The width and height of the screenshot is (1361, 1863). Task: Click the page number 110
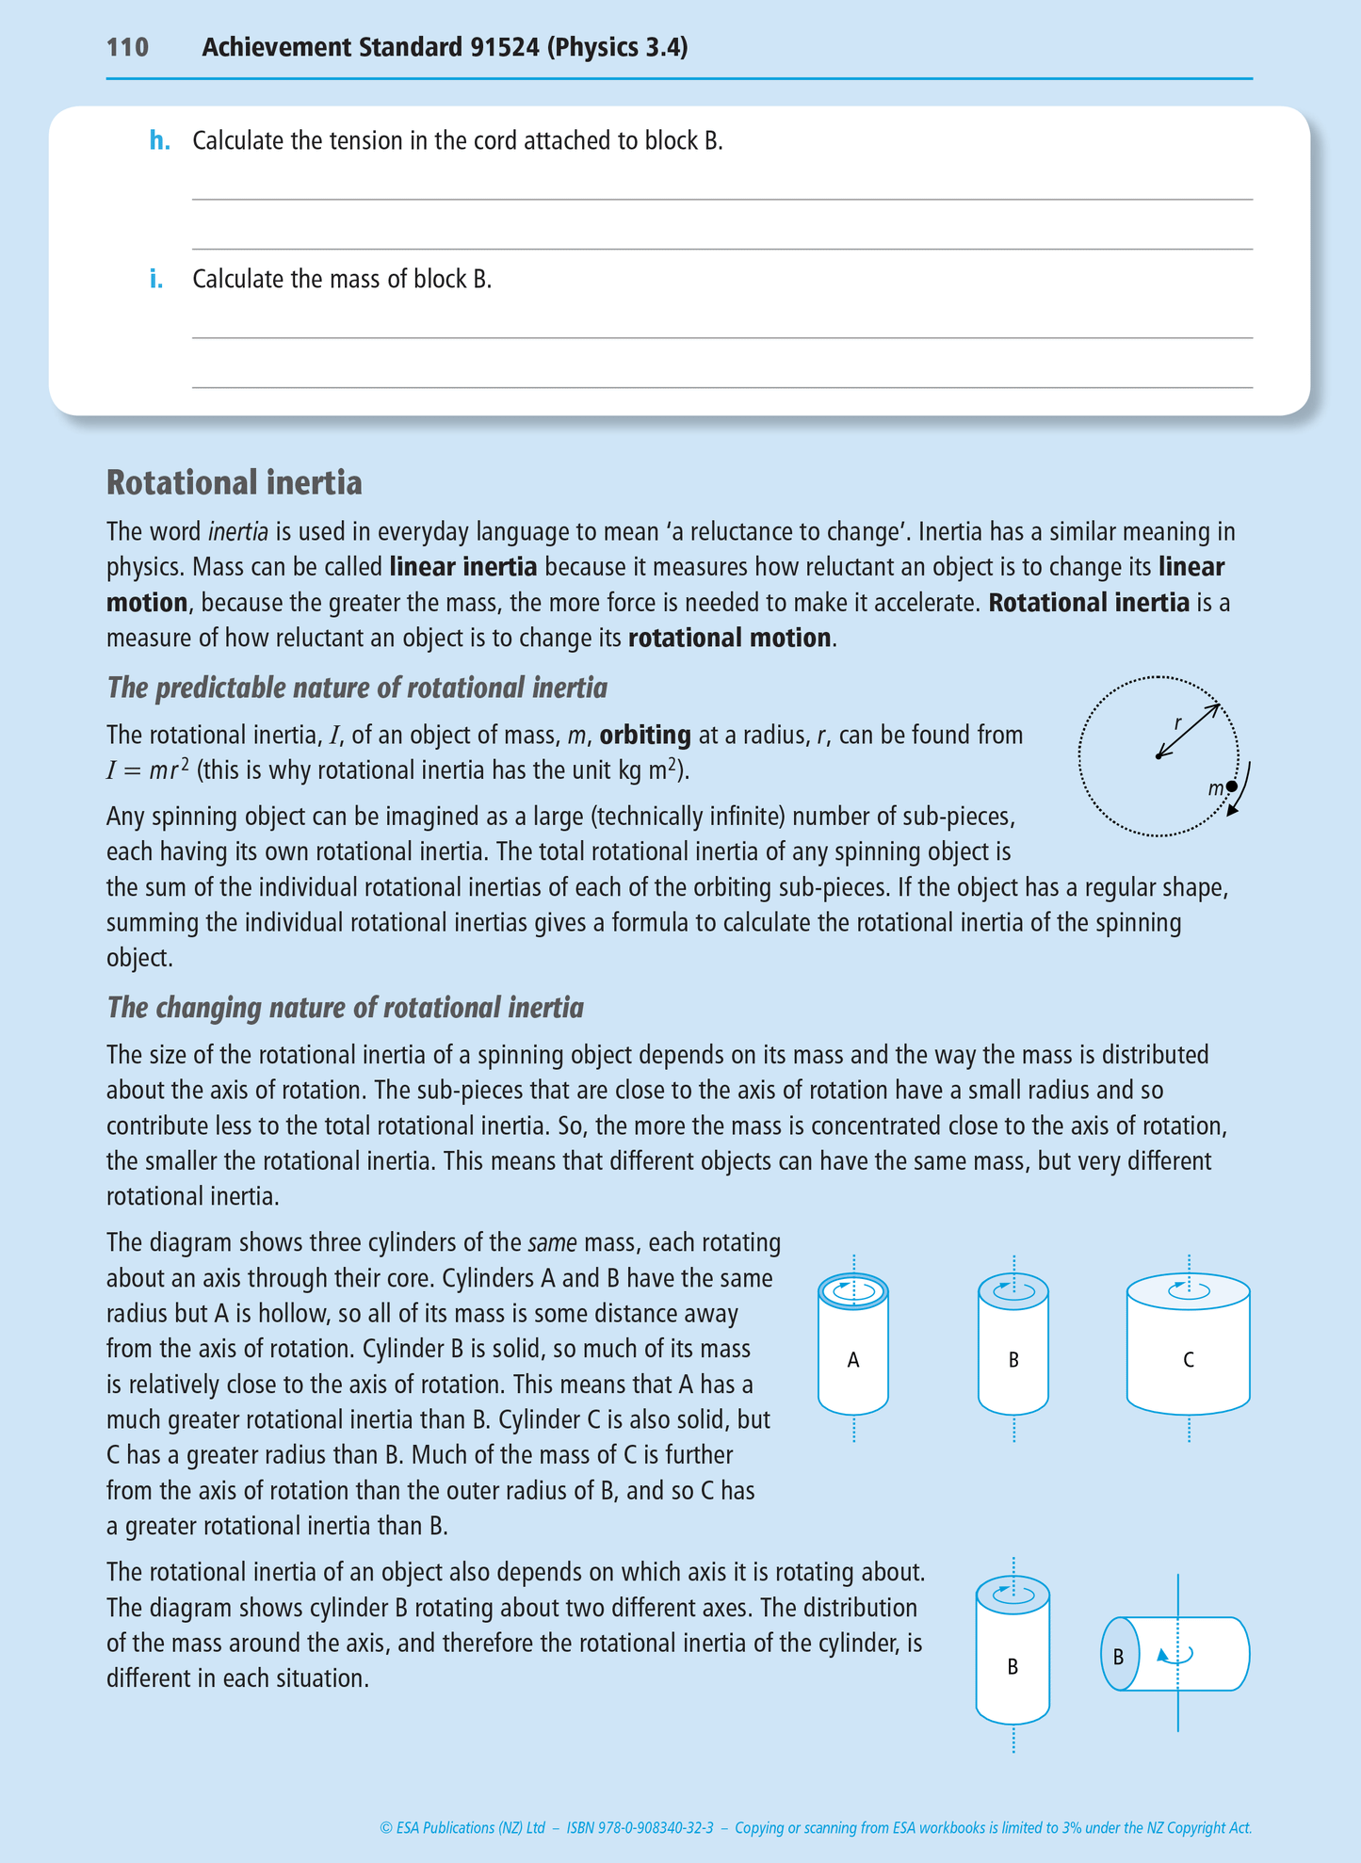pyautogui.click(x=127, y=47)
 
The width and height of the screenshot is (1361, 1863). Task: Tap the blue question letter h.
pyautogui.click(x=159, y=141)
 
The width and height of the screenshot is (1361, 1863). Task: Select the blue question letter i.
pyautogui.click(x=156, y=279)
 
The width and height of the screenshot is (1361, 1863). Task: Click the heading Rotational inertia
pyautogui.click(x=234, y=482)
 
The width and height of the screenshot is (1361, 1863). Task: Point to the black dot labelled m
pyautogui.click(x=1231, y=786)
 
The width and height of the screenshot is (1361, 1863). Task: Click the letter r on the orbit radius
pyautogui.click(x=1177, y=723)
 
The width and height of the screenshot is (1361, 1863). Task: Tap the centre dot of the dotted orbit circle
pyautogui.click(x=1158, y=756)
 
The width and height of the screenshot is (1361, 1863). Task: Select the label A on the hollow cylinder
pyautogui.click(x=853, y=1359)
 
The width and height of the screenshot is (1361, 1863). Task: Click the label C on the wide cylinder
pyautogui.click(x=1189, y=1359)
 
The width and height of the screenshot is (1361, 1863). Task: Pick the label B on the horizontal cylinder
pyautogui.click(x=1118, y=1657)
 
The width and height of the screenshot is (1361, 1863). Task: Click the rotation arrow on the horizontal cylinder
pyautogui.click(x=1175, y=1655)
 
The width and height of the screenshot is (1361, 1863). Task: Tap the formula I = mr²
pyautogui.click(x=148, y=770)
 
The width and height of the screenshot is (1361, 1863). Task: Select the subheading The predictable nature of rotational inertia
pyautogui.click(x=357, y=688)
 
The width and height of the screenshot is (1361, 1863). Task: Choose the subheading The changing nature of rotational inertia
pyautogui.click(x=345, y=1008)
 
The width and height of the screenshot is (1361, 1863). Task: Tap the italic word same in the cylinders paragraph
pyautogui.click(x=552, y=1243)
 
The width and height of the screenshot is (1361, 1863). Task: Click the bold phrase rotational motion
pyautogui.click(x=729, y=638)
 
